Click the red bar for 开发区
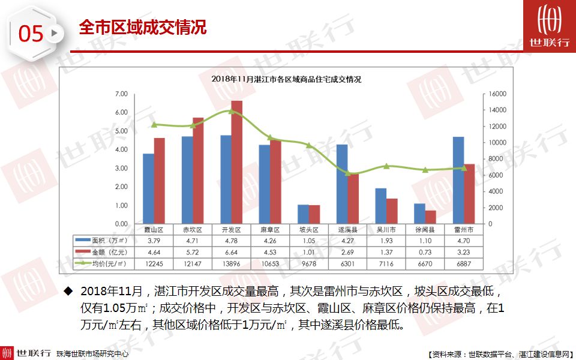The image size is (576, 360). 237,162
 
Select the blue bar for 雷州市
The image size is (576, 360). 458,180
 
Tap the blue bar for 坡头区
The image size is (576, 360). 304,214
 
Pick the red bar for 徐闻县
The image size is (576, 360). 430,217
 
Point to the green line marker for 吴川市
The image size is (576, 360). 387,166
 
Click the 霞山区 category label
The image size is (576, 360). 154,230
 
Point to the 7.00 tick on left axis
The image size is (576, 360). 121,94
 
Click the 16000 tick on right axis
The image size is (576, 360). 498,94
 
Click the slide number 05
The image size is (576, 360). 31,34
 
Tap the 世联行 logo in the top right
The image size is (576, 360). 549,26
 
